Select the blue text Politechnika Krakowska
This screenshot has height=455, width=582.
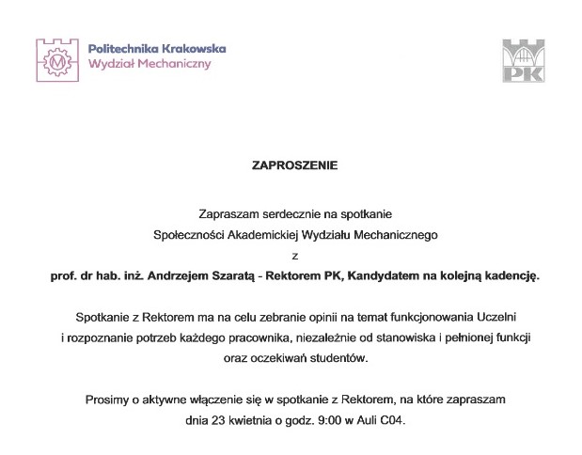pyautogui.click(x=156, y=47)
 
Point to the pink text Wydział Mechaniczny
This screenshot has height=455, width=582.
pyautogui.click(x=149, y=64)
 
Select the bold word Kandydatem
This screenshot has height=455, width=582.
pyautogui.click(x=384, y=275)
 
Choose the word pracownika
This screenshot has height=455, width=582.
pyautogui.click(x=284, y=337)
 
